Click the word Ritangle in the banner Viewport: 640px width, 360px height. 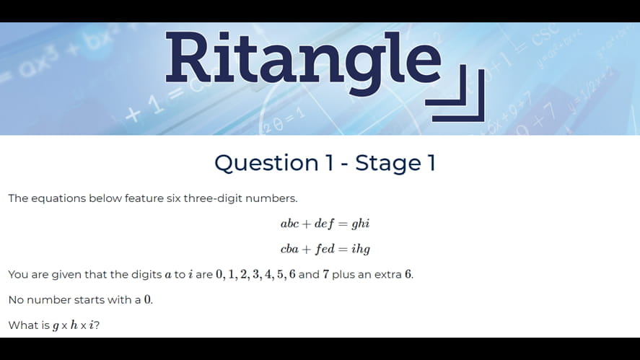click(303, 58)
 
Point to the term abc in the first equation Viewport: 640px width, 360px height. click(289, 224)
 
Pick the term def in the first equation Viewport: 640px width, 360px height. click(325, 224)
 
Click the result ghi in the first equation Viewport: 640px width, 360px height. click(360, 224)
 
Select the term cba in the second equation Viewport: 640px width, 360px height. click(289, 249)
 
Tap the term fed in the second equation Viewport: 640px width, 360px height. click(325, 249)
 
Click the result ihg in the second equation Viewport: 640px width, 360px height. click(360, 250)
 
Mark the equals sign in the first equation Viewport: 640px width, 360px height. click(343, 224)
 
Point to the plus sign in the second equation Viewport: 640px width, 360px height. click(307, 250)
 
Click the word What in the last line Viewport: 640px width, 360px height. click(22, 325)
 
